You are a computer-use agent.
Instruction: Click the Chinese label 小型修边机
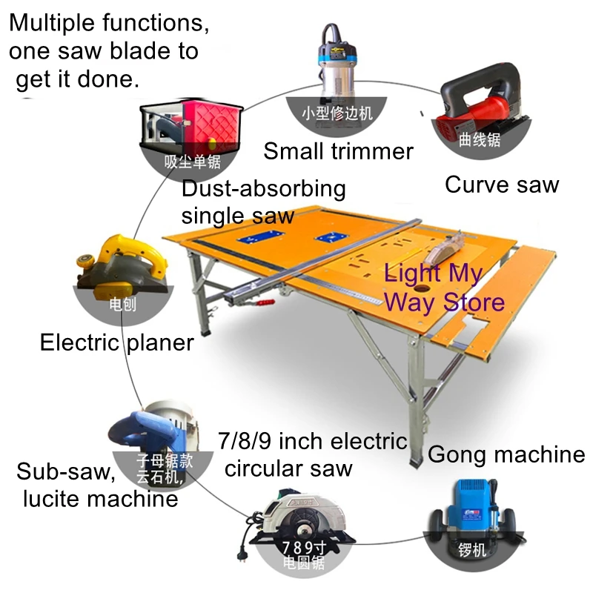(x=337, y=113)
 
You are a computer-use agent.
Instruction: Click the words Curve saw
(x=501, y=185)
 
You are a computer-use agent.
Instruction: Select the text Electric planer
(x=117, y=342)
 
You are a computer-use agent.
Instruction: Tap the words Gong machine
(x=506, y=454)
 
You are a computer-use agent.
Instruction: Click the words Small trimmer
(x=338, y=151)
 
